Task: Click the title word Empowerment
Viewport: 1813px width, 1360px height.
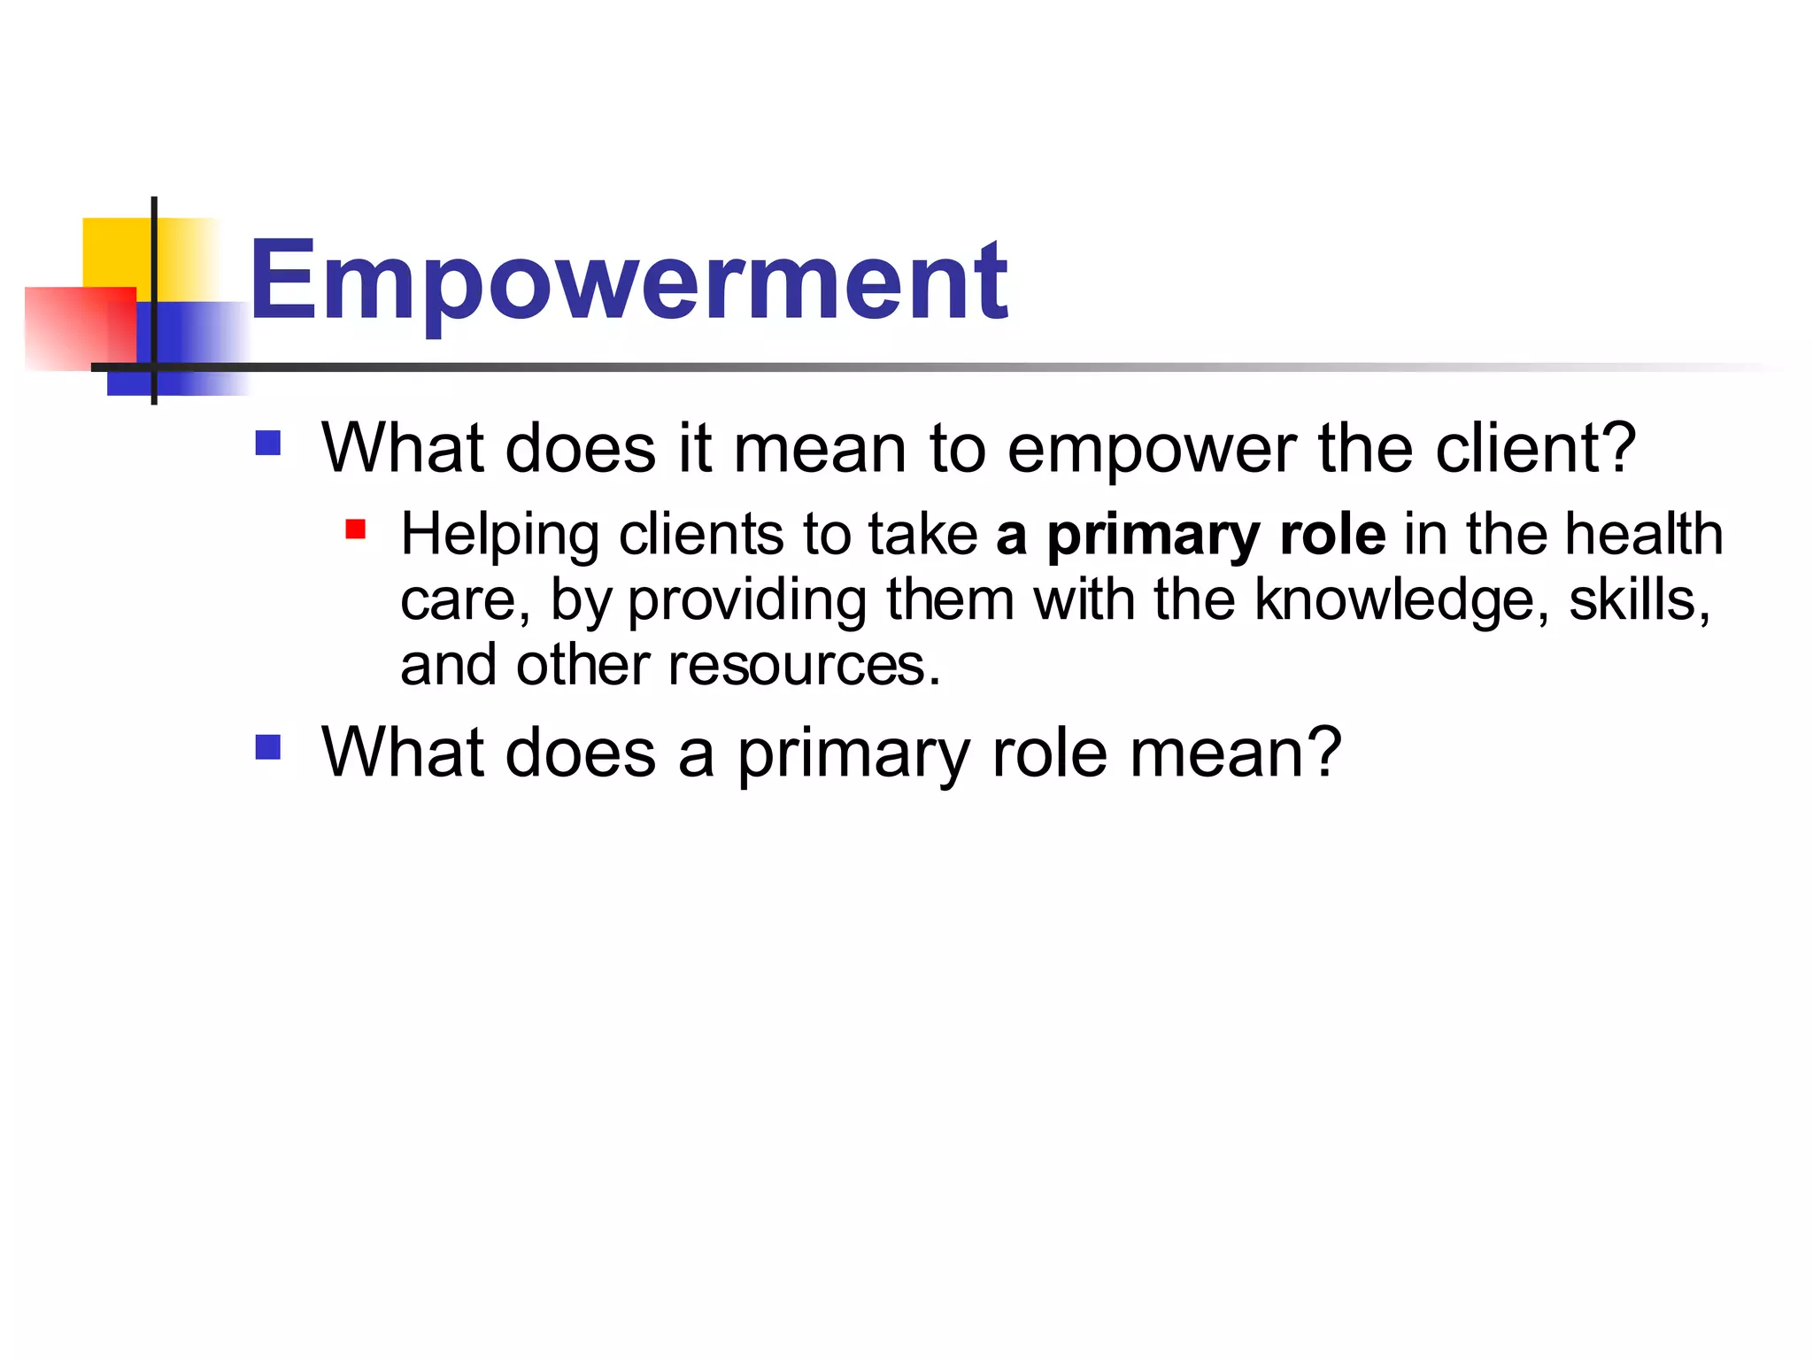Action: [x=629, y=282]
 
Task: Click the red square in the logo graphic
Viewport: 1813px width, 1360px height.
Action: [x=75, y=328]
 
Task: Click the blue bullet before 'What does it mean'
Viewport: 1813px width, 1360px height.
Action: [x=267, y=443]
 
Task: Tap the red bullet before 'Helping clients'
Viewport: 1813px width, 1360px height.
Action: [x=356, y=529]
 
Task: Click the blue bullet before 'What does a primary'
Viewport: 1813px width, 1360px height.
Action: [x=267, y=747]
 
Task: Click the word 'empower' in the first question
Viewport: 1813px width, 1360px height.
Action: [x=1151, y=449]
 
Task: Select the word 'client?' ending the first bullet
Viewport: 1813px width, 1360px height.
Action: [x=1536, y=449]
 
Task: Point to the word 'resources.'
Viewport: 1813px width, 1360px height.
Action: [x=804, y=666]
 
